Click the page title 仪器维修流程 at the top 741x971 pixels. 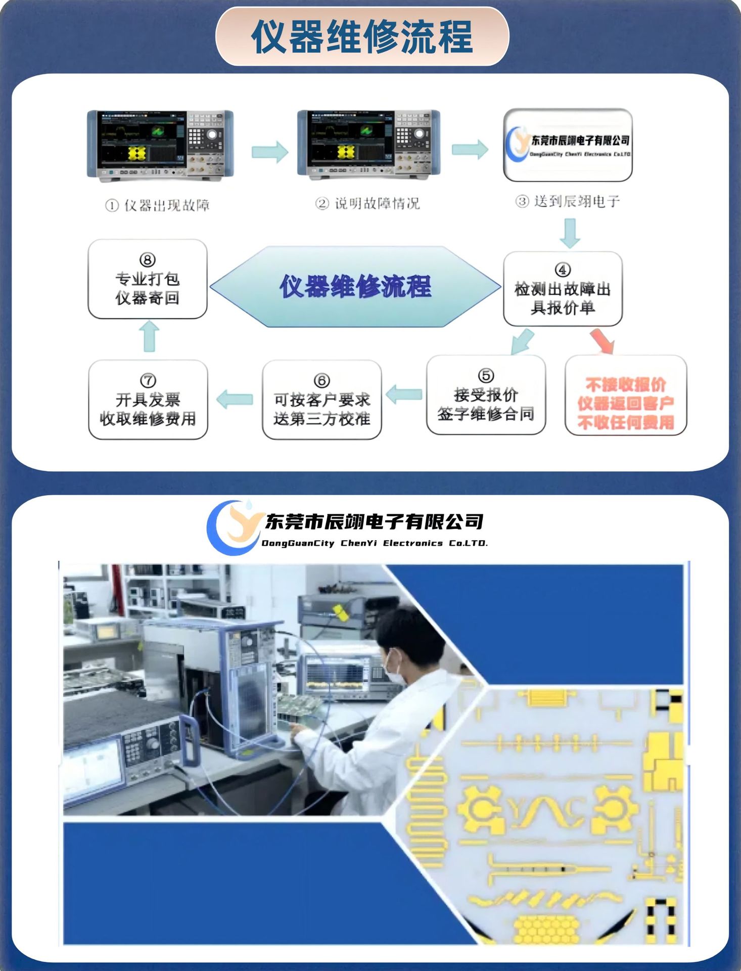[x=362, y=36]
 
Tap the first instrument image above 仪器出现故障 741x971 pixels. [x=160, y=145]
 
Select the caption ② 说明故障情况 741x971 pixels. [x=367, y=203]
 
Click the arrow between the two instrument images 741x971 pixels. [x=269, y=151]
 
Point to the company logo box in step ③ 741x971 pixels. [x=568, y=145]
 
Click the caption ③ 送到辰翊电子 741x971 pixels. [x=568, y=201]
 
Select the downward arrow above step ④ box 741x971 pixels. [x=570, y=233]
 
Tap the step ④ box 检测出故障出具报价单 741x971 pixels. [x=563, y=289]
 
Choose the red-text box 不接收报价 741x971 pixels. [x=625, y=395]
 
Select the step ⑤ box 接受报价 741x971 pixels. [x=486, y=395]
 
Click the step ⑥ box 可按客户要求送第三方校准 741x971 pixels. [x=321, y=400]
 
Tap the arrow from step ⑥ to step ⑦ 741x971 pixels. [x=235, y=399]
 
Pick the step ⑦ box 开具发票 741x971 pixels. [x=148, y=400]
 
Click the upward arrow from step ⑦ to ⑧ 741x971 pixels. [x=149, y=337]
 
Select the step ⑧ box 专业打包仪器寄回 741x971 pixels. [x=147, y=279]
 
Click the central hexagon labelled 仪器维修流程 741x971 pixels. [x=355, y=286]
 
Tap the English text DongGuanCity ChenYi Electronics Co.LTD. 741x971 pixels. [x=375, y=543]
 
